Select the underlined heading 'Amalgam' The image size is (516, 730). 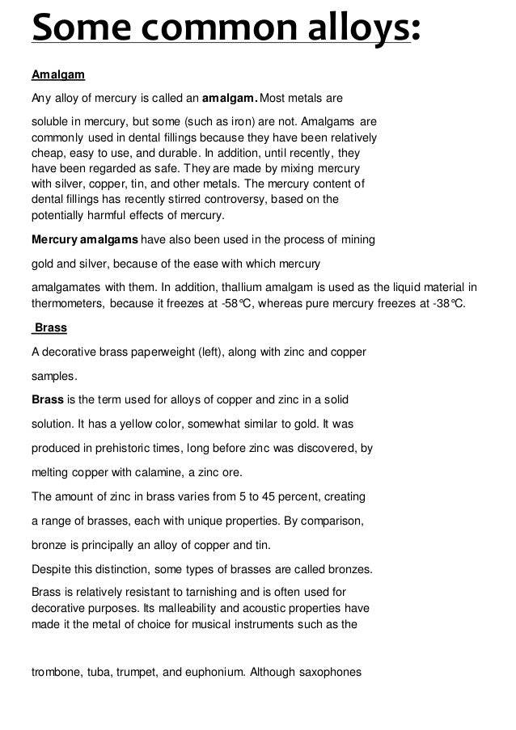(57, 76)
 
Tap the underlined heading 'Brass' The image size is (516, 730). (50, 329)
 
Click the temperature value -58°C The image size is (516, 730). (252, 304)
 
